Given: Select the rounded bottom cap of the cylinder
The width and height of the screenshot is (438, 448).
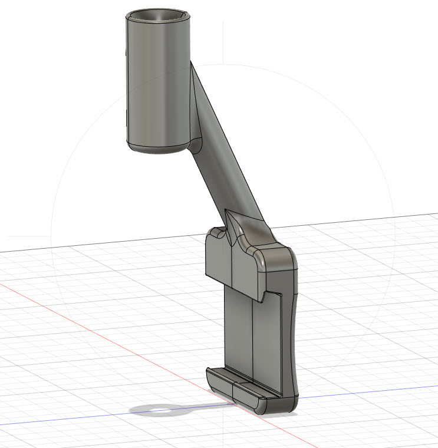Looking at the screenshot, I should pos(157,147).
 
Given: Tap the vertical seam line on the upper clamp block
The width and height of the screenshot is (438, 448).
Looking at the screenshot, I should pos(234,265).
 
